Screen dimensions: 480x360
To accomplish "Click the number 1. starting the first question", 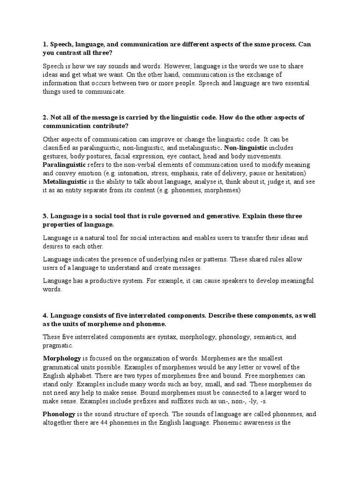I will tap(45, 45).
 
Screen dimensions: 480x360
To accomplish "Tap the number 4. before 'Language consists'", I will tap(45, 316).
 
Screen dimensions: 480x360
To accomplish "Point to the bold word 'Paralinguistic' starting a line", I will tap(64, 165).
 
